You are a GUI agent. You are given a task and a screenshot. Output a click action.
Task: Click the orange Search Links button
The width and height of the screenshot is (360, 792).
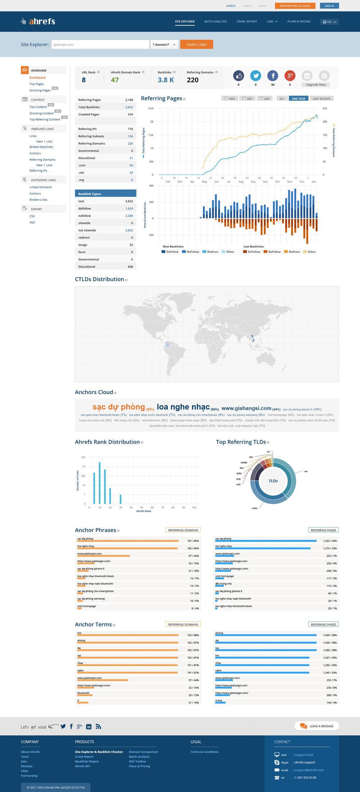coord(196,44)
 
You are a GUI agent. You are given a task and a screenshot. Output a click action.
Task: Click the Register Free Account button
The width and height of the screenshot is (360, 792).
coord(295,6)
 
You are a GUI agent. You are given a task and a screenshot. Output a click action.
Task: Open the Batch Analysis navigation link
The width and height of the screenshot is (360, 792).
coord(215,22)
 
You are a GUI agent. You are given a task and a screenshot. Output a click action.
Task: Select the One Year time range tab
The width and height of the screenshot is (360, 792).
coord(298,99)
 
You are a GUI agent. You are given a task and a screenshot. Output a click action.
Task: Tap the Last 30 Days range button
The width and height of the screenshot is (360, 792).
coord(321,99)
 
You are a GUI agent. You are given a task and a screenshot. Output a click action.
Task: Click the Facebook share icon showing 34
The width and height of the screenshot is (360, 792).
coord(273,76)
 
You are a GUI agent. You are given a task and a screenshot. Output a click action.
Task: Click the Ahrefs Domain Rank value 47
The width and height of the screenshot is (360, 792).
coord(115,80)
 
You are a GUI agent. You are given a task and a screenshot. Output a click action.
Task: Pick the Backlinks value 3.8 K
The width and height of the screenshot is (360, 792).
coord(166,80)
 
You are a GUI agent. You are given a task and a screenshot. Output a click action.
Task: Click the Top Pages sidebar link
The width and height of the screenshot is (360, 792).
coord(36,84)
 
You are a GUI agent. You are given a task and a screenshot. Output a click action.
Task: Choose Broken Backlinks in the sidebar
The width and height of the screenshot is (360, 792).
coord(41,147)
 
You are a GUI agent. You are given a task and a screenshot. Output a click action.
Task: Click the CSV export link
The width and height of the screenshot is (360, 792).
coord(32,216)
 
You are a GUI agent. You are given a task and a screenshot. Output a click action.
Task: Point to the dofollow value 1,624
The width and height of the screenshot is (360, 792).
coord(129,208)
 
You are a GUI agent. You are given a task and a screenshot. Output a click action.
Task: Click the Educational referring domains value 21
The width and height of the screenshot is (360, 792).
coord(131,158)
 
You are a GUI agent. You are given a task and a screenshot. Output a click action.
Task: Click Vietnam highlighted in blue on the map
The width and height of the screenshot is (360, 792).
coord(253,338)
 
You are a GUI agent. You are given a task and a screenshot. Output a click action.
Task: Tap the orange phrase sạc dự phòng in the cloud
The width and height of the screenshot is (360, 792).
coord(118,407)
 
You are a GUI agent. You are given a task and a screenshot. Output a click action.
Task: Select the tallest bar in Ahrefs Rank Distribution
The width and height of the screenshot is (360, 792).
coord(99,482)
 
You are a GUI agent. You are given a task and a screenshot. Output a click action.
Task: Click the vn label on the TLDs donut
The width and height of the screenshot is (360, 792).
coord(306,471)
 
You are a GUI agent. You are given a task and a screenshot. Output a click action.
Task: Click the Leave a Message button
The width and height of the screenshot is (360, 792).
coord(317,726)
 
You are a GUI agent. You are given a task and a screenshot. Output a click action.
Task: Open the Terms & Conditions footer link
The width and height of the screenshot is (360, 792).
coord(204,752)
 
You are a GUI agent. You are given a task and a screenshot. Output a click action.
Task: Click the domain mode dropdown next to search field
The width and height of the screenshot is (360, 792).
coord(164,44)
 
